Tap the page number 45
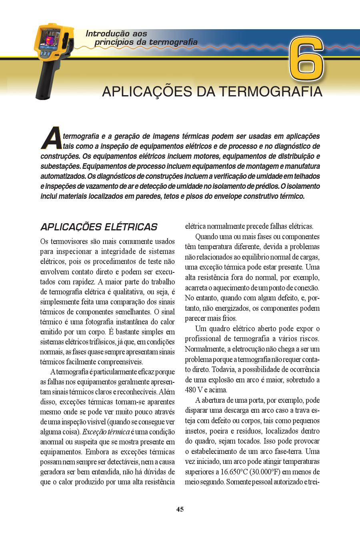pos(180,509)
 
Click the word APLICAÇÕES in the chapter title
pos(147,92)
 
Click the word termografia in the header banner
pos(173,42)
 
